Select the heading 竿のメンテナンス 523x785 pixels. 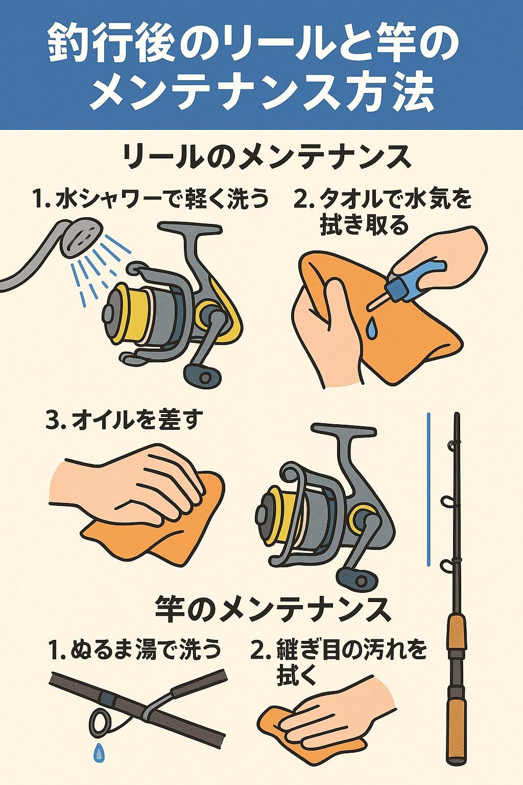click(273, 609)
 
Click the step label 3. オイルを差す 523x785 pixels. click(124, 421)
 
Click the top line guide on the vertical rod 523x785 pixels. click(452, 446)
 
